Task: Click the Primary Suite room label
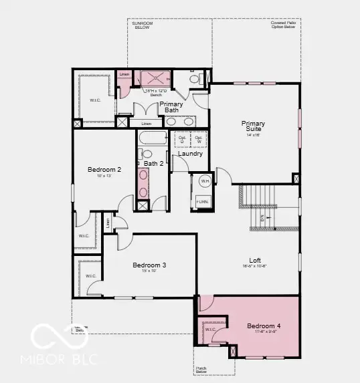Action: pos(253,126)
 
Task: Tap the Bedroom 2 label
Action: pos(104,170)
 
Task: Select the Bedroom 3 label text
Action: pos(149,265)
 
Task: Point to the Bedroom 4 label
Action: pos(264,326)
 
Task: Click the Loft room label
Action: pos(255,261)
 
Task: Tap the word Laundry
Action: pos(191,154)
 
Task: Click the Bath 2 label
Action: pos(153,163)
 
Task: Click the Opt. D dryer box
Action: pos(181,139)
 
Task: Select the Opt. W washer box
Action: pos(199,139)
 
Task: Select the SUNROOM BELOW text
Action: pos(142,25)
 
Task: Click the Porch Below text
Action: pos(202,369)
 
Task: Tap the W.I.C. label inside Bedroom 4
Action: pos(210,329)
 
